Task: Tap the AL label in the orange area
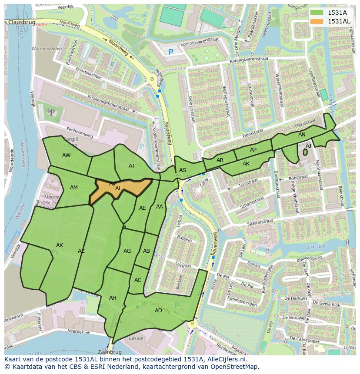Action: [x=118, y=189]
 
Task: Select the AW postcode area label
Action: [x=66, y=156]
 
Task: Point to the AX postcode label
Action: [x=60, y=245]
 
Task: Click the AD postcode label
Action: [x=158, y=310]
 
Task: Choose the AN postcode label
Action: [x=302, y=135]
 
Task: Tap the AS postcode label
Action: [x=183, y=170]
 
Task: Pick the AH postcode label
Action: [x=113, y=298]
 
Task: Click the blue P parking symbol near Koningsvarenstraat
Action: [x=170, y=52]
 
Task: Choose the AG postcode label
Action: [x=127, y=251]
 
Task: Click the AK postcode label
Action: [x=246, y=164]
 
